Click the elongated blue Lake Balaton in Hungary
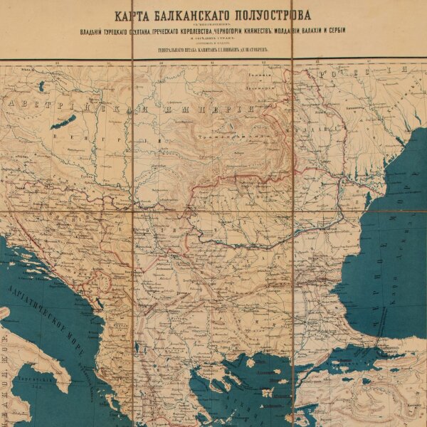[x=63, y=122]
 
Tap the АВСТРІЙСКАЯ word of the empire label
[x=50, y=107]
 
